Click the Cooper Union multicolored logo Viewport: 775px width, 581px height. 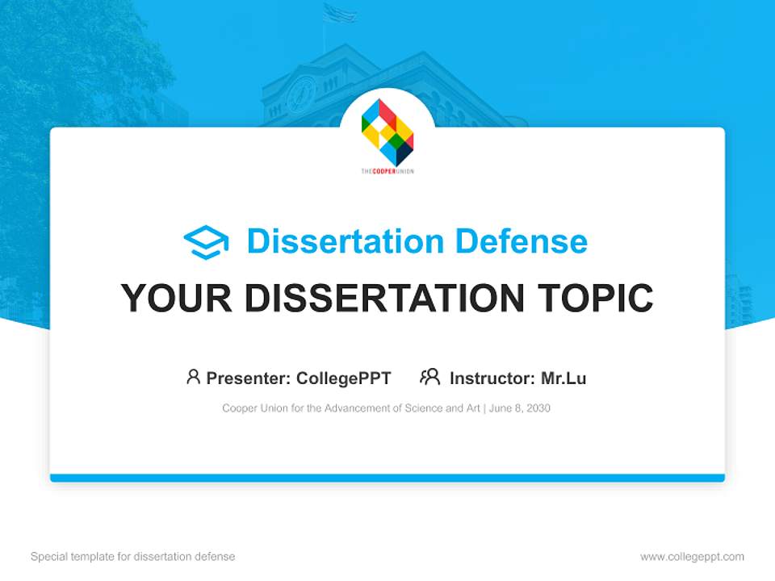pyautogui.click(x=387, y=132)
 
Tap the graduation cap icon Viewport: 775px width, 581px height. pyautogui.click(x=206, y=242)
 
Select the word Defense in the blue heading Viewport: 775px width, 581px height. pyautogui.click(x=521, y=241)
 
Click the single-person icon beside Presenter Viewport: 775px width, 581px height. pyautogui.click(x=193, y=377)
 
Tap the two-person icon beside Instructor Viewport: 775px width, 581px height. pyautogui.click(x=429, y=377)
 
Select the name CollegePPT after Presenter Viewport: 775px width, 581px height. pyautogui.click(x=344, y=378)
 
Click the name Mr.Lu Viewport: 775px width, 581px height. pyautogui.click(x=563, y=378)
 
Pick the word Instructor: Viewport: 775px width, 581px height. pyautogui.click(x=492, y=378)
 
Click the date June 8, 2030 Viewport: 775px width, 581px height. pyautogui.click(x=520, y=408)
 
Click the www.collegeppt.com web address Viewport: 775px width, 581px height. pyautogui.click(x=692, y=557)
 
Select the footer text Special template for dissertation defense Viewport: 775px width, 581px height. pyautogui.click(x=133, y=557)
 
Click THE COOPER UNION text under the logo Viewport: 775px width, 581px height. pyautogui.click(x=387, y=171)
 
